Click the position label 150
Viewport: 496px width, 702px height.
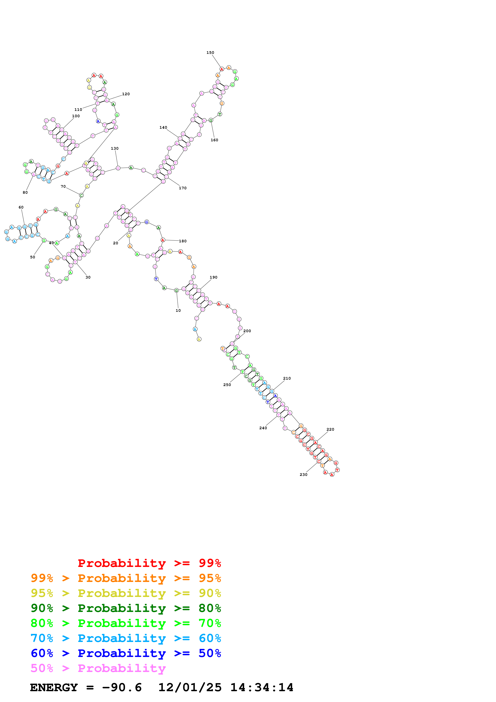coord(210,53)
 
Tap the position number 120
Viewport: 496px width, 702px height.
coord(126,94)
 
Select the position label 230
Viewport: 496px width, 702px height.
coord(304,474)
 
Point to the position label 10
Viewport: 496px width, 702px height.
coord(178,310)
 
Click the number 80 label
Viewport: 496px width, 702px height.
coord(25,192)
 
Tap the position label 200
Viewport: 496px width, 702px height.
coord(247,331)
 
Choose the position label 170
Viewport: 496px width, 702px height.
coord(183,188)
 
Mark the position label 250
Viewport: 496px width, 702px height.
coord(227,385)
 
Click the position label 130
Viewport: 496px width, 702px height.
coord(115,148)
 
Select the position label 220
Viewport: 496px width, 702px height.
coord(330,429)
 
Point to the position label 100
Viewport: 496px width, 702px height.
coord(76,116)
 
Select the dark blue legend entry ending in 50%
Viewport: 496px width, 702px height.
coord(126,653)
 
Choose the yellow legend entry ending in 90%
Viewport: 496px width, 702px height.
coord(126,593)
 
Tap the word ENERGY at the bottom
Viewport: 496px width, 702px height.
coord(54,687)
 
